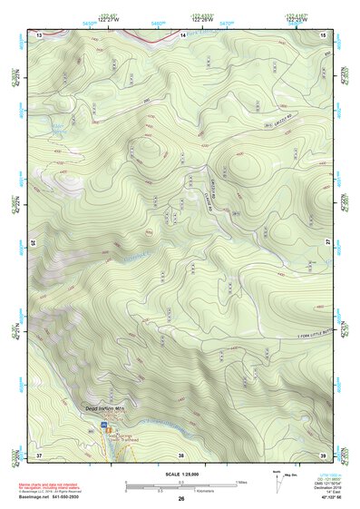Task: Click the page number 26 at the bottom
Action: pos(180,499)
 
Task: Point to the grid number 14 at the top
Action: pos(182,34)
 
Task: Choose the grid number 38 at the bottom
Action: pos(182,454)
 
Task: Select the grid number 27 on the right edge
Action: pos(327,243)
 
